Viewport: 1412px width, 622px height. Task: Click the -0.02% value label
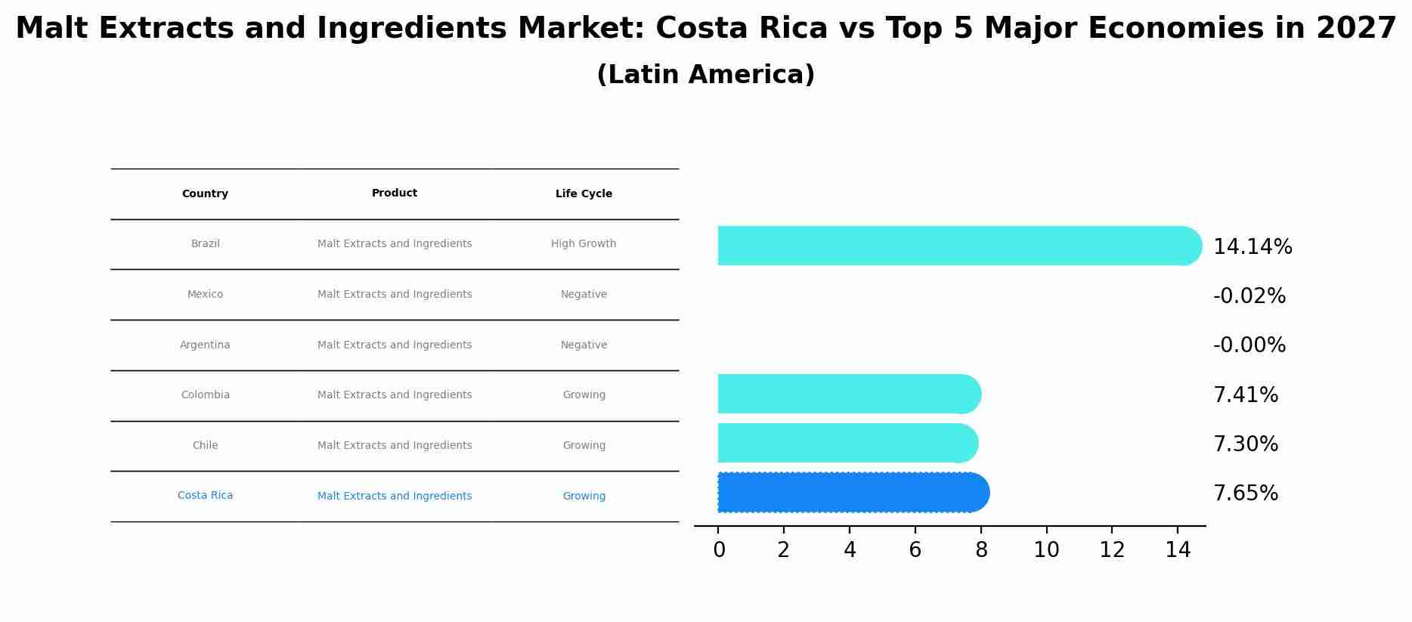tap(1249, 296)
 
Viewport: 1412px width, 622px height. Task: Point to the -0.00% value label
tap(1249, 345)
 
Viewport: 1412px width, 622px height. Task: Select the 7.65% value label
tap(1245, 494)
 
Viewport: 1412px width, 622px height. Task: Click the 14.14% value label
tap(1252, 247)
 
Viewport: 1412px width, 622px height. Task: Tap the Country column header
tap(205, 194)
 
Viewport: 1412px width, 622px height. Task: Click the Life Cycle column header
tap(584, 194)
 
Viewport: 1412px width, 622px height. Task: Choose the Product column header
tap(395, 193)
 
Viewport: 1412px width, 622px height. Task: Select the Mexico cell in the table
tap(205, 295)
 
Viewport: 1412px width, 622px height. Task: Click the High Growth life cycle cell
tap(584, 244)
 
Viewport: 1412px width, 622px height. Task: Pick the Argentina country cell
tap(205, 345)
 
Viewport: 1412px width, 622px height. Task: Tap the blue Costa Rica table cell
tap(205, 496)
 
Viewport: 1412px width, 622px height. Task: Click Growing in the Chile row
tap(584, 446)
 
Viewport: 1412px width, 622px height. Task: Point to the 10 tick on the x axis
tap(1046, 550)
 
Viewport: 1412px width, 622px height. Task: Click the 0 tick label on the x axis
tap(719, 550)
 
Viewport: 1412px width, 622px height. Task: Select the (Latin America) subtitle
tap(705, 75)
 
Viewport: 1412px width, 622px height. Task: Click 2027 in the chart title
tap(1355, 29)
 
